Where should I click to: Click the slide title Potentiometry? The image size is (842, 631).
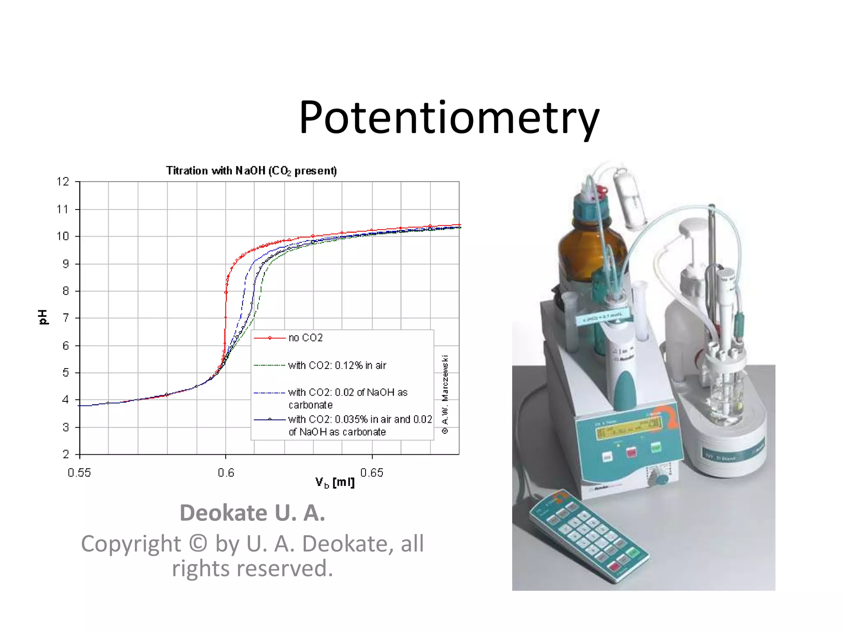449,117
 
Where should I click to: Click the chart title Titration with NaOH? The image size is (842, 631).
251,170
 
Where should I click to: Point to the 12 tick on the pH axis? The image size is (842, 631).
63,182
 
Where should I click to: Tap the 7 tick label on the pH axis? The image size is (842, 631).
65,318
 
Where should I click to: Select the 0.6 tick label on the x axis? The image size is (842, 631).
226,473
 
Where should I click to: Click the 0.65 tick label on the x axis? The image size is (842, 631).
372,473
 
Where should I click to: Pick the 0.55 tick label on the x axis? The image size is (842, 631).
79,473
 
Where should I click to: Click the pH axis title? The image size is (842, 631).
43,317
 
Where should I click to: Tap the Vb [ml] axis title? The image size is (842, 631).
335,482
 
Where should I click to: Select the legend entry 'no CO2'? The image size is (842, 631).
305,338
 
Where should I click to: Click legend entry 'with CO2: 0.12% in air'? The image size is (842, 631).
337,365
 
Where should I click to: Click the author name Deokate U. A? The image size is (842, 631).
252,513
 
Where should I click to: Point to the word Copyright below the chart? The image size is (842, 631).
131,544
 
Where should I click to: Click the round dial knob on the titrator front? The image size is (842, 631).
661,479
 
